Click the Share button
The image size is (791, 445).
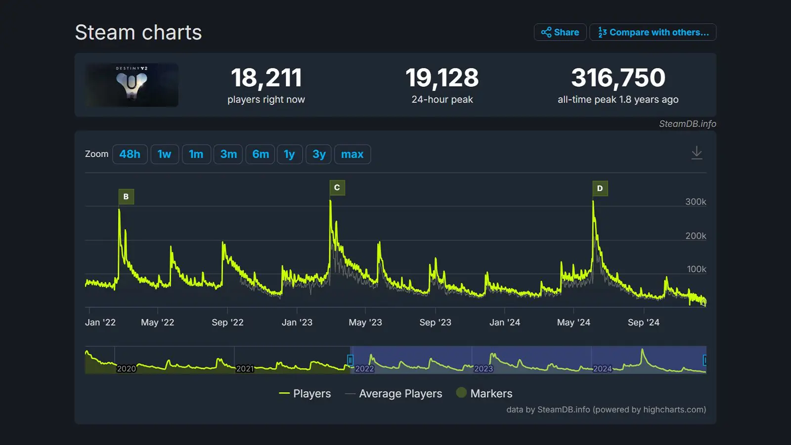(x=560, y=32)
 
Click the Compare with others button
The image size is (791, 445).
(x=653, y=32)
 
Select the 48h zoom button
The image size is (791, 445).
(x=130, y=154)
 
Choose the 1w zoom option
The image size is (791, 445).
(x=164, y=154)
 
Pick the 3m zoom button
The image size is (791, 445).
(x=228, y=154)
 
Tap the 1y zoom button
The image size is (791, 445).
(x=289, y=154)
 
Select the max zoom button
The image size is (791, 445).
(x=352, y=154)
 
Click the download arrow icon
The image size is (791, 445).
(x=697, y=153)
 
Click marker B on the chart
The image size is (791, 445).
(x=126, y=197)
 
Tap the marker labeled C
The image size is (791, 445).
(x=337, y=188)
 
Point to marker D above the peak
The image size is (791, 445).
(x=600, y=188)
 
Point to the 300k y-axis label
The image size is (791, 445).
(x=696, y=202)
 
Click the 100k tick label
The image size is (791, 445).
(x=696, y=269)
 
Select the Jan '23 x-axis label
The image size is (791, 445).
(x=297, y=322)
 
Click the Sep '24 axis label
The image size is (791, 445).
(x=643, y=322)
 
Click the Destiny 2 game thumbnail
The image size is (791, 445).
(x=132, y=85)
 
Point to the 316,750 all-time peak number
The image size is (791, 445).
(x=618, y=78)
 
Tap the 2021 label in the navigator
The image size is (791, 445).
(x=245, y=369)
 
